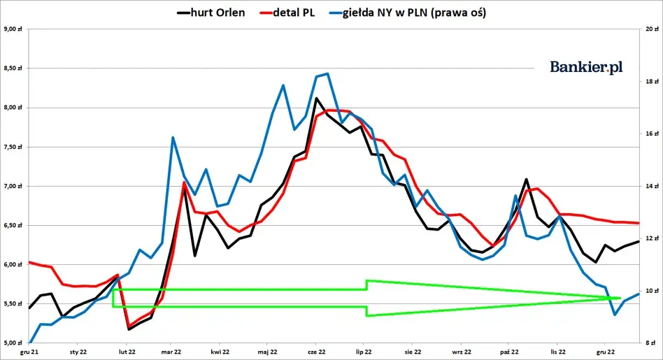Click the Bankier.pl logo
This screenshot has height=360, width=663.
tap(586, 67)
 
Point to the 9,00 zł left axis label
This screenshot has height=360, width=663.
tap(13, 29)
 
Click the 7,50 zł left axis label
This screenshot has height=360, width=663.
tap(13, 147)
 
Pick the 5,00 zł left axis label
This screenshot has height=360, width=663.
tap(13, 343)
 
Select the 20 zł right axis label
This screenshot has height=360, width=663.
tap(651, 29)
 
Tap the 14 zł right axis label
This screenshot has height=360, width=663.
tap(651, 186)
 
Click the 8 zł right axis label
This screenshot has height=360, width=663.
tap(651, 343)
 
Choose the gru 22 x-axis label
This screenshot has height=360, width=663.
tap(606, 352)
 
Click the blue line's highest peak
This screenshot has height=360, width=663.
tap(327, 73)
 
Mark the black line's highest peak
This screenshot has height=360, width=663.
tap(316, 98)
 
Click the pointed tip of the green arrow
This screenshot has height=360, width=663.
tap(620, 298)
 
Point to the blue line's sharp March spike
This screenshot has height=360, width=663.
tap(173, 137)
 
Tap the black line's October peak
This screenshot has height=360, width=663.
tap(526, 180)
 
